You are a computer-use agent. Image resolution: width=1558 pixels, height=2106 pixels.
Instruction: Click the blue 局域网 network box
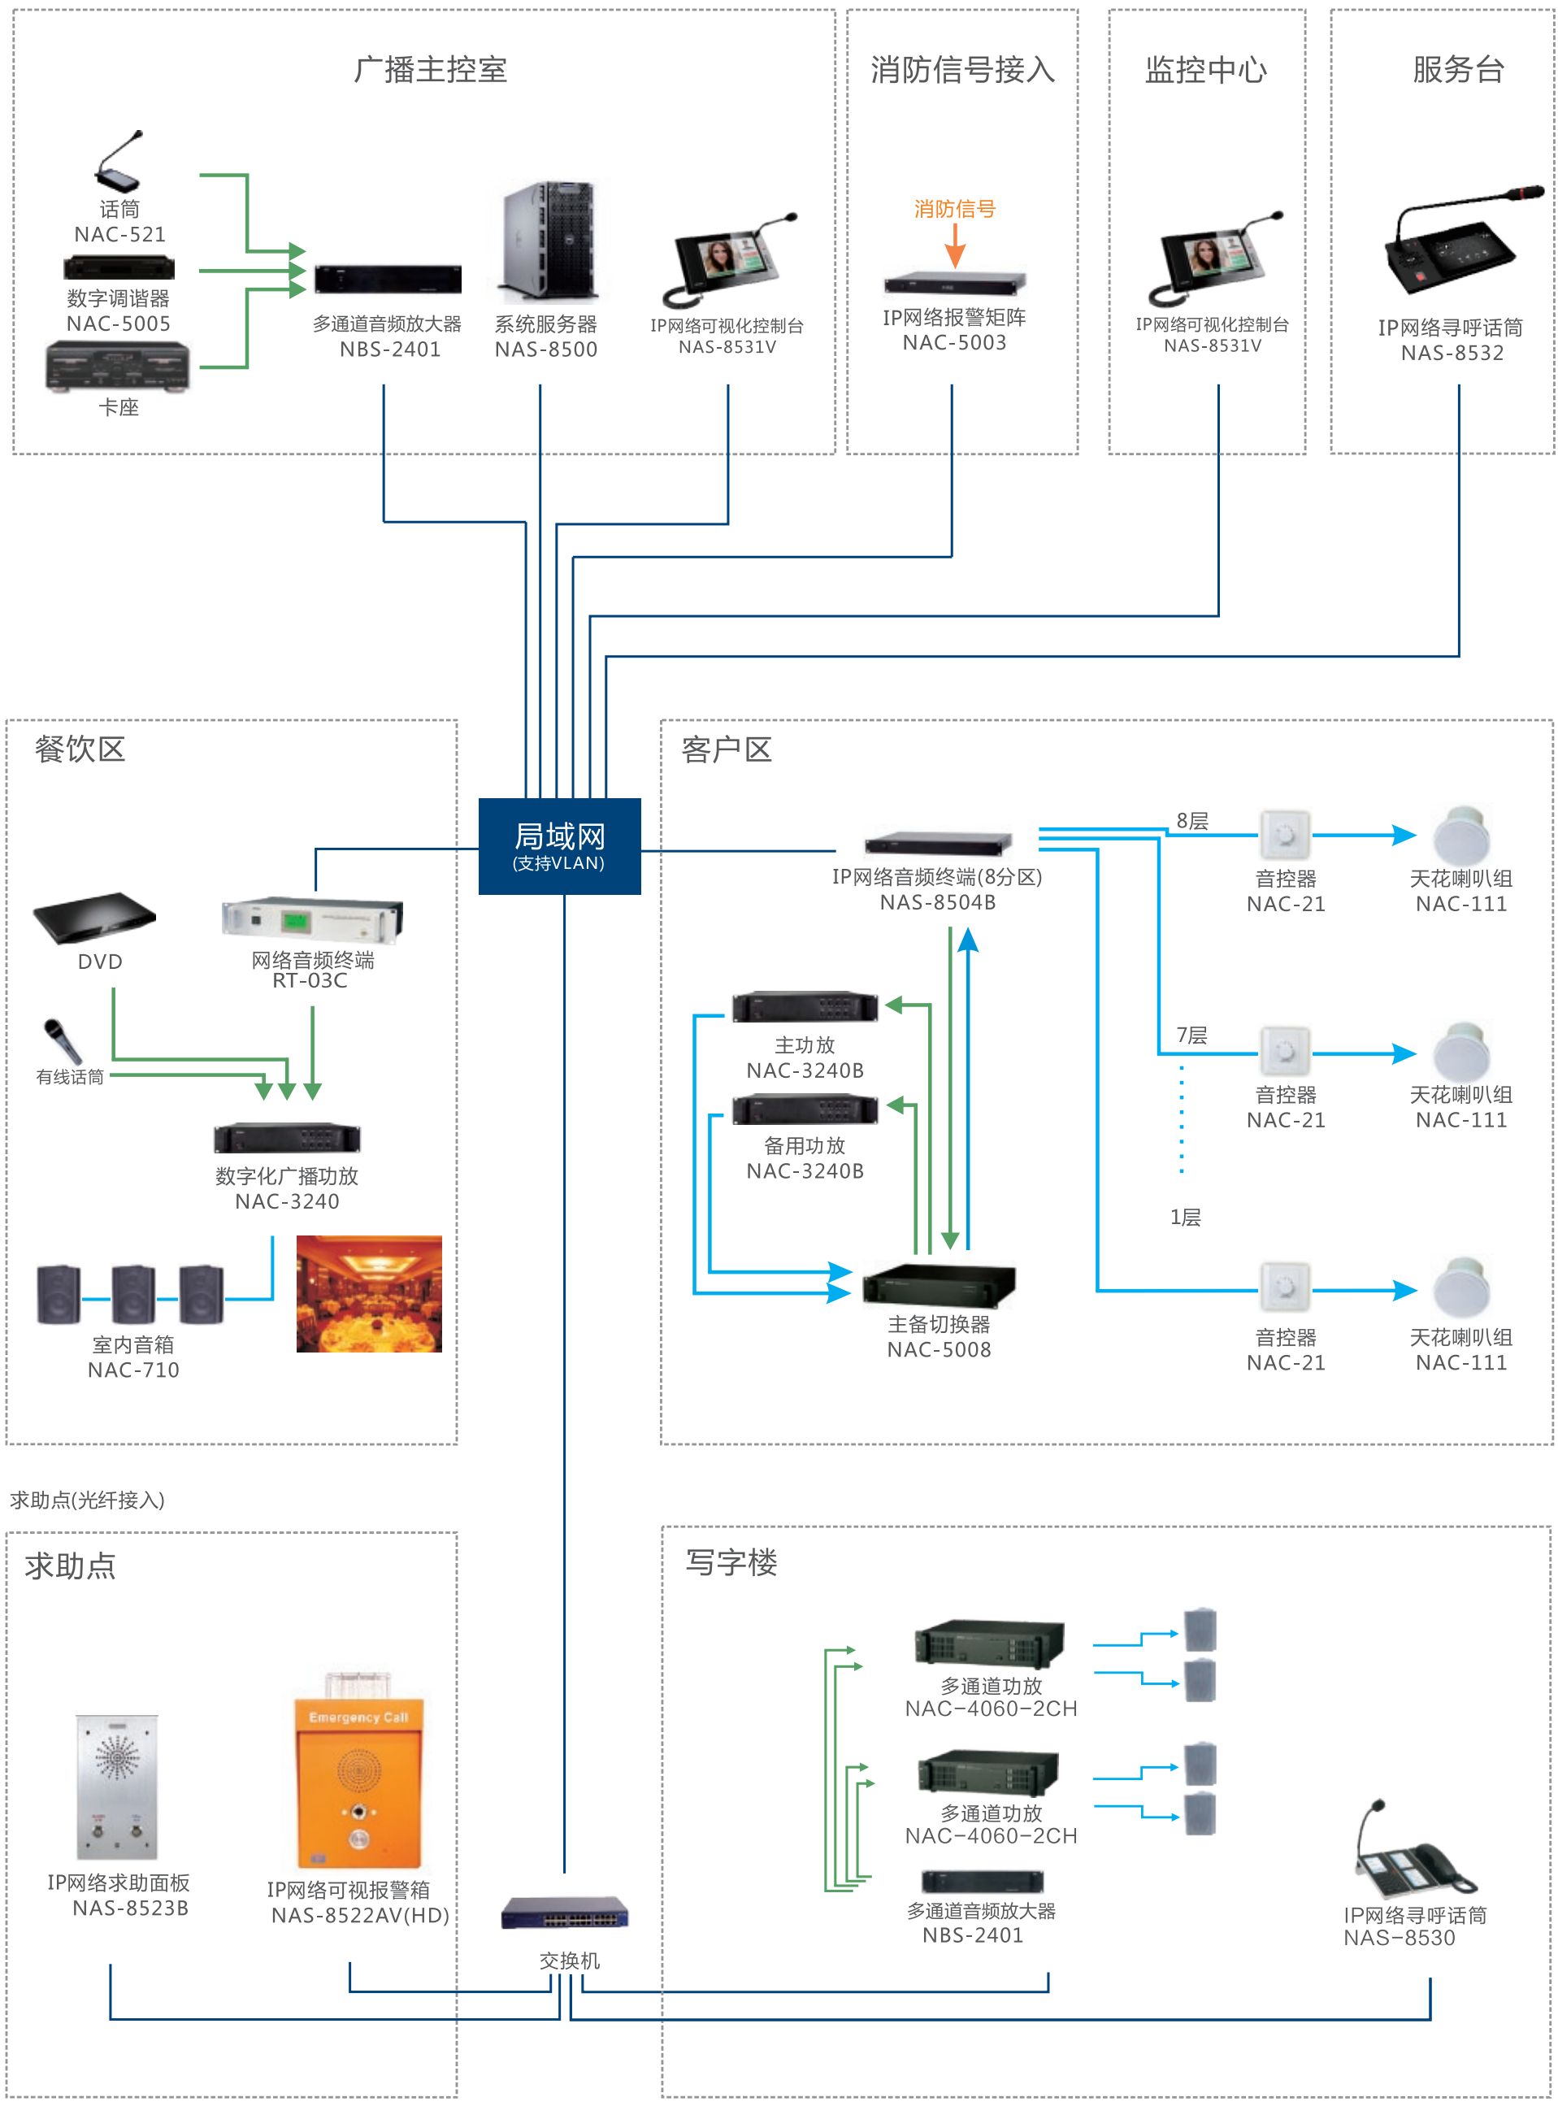pyautogui.click(x=559, y=845)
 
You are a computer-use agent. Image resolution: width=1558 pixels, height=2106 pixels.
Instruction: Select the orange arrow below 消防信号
pyautogui.click(x=954, y=247)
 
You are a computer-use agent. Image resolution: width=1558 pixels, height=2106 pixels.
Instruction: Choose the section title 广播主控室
pyautogui.click(x=430, y=70)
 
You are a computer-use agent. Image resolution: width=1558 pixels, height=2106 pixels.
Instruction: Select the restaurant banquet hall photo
pyautogui.click(x=369, y=1293)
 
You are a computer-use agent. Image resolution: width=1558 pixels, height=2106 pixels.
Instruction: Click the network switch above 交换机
pyautogui.click(x=564, y=1913)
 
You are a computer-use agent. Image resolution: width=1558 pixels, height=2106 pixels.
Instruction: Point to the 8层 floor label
pyautogui.click(x=1192, y=820)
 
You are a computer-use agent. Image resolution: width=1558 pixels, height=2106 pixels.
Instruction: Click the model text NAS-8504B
pyautogui.click(x=937, y=902)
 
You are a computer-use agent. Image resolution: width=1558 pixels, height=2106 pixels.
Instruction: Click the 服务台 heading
pyautogui.click(x=1458, y=70)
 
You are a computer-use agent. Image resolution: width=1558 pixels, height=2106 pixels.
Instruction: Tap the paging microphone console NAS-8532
pyautogui.click(x=1452, y=247)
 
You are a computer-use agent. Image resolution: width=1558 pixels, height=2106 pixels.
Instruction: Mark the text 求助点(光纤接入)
pyautogui.click(x=88, y=1500)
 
